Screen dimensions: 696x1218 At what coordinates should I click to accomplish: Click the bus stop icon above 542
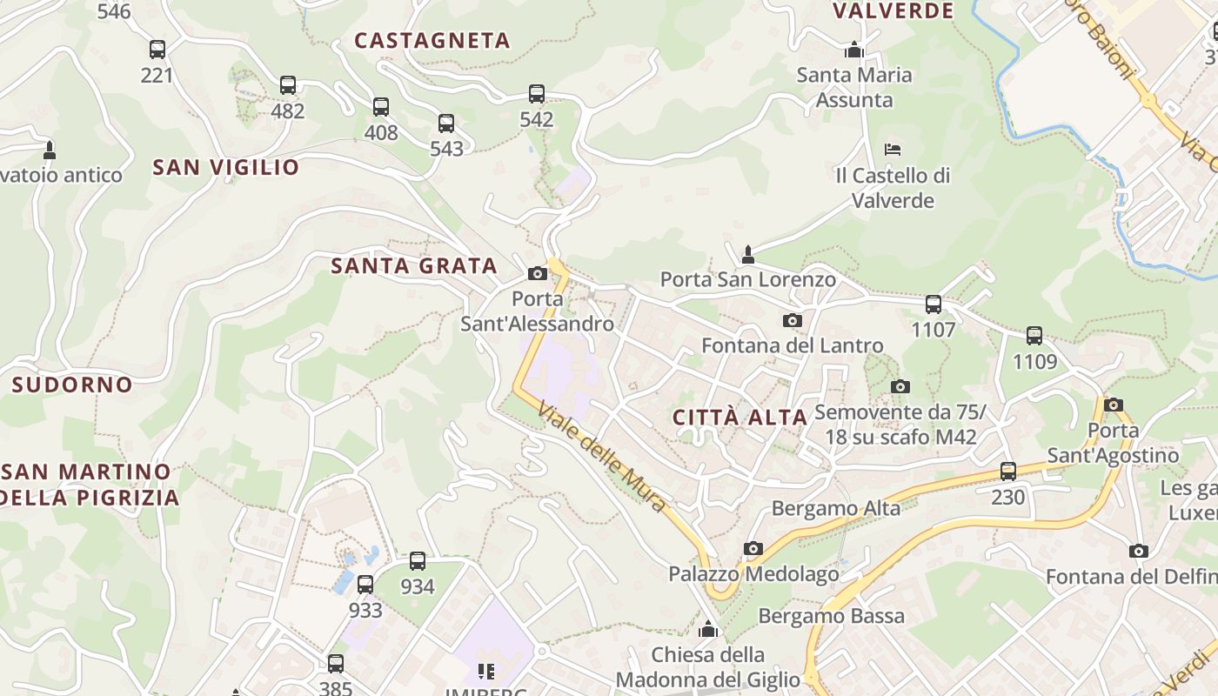pyautogui.click(x=537, y=94)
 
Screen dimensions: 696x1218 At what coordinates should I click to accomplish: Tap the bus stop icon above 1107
pyautogui.click(x=934, y=304)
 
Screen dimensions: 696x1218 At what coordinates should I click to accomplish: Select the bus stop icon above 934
pyautogui.click(x=418, y=561)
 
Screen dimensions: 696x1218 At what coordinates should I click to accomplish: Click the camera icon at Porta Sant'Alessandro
pyautogui.click(x=538, y=274)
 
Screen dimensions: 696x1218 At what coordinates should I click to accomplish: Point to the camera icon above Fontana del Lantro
pyautogui.click(x=792, y=320)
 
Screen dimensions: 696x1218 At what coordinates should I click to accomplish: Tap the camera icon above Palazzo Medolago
pyautogui.click(x=753, y=549)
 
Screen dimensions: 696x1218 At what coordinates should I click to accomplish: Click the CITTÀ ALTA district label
pyautogui.click(x=740, y=418)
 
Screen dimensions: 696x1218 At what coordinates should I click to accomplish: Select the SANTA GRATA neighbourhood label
pyautogui.click(x=414, y=266)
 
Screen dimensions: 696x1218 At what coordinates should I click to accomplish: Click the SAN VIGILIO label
pyautogui.click(x=225, y=167)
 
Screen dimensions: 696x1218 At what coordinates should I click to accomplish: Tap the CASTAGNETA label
pyautogui.click(x=432, y=41)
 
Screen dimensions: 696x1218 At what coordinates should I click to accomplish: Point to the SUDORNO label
pyautogui.click(x=72, y=385)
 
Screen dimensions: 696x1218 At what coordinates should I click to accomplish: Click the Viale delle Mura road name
pyautogui.click(x=602, y=456)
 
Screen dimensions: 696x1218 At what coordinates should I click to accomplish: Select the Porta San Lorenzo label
pyautogui.click(x=748, y=280)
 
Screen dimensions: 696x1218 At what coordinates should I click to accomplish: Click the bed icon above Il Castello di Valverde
pyautogui.click(x=893, y=150)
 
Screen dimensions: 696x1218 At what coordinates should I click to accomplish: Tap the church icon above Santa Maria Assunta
pyautogui.click(x=854, y=49)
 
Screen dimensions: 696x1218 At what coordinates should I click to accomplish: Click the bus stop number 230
pyautogui.click(x=1008, y=498)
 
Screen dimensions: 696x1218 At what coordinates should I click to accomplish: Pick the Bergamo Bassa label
pyautogui.click(x=832, y=617)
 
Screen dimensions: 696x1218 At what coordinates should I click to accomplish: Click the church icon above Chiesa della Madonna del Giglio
pyautogui.click(x=708, y=629)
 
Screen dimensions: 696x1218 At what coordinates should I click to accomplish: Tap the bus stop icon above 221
pyautogui.click(x=157, y=50)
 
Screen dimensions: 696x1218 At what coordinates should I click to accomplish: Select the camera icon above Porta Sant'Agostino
pyautogui.click(x=1114, y=405)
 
